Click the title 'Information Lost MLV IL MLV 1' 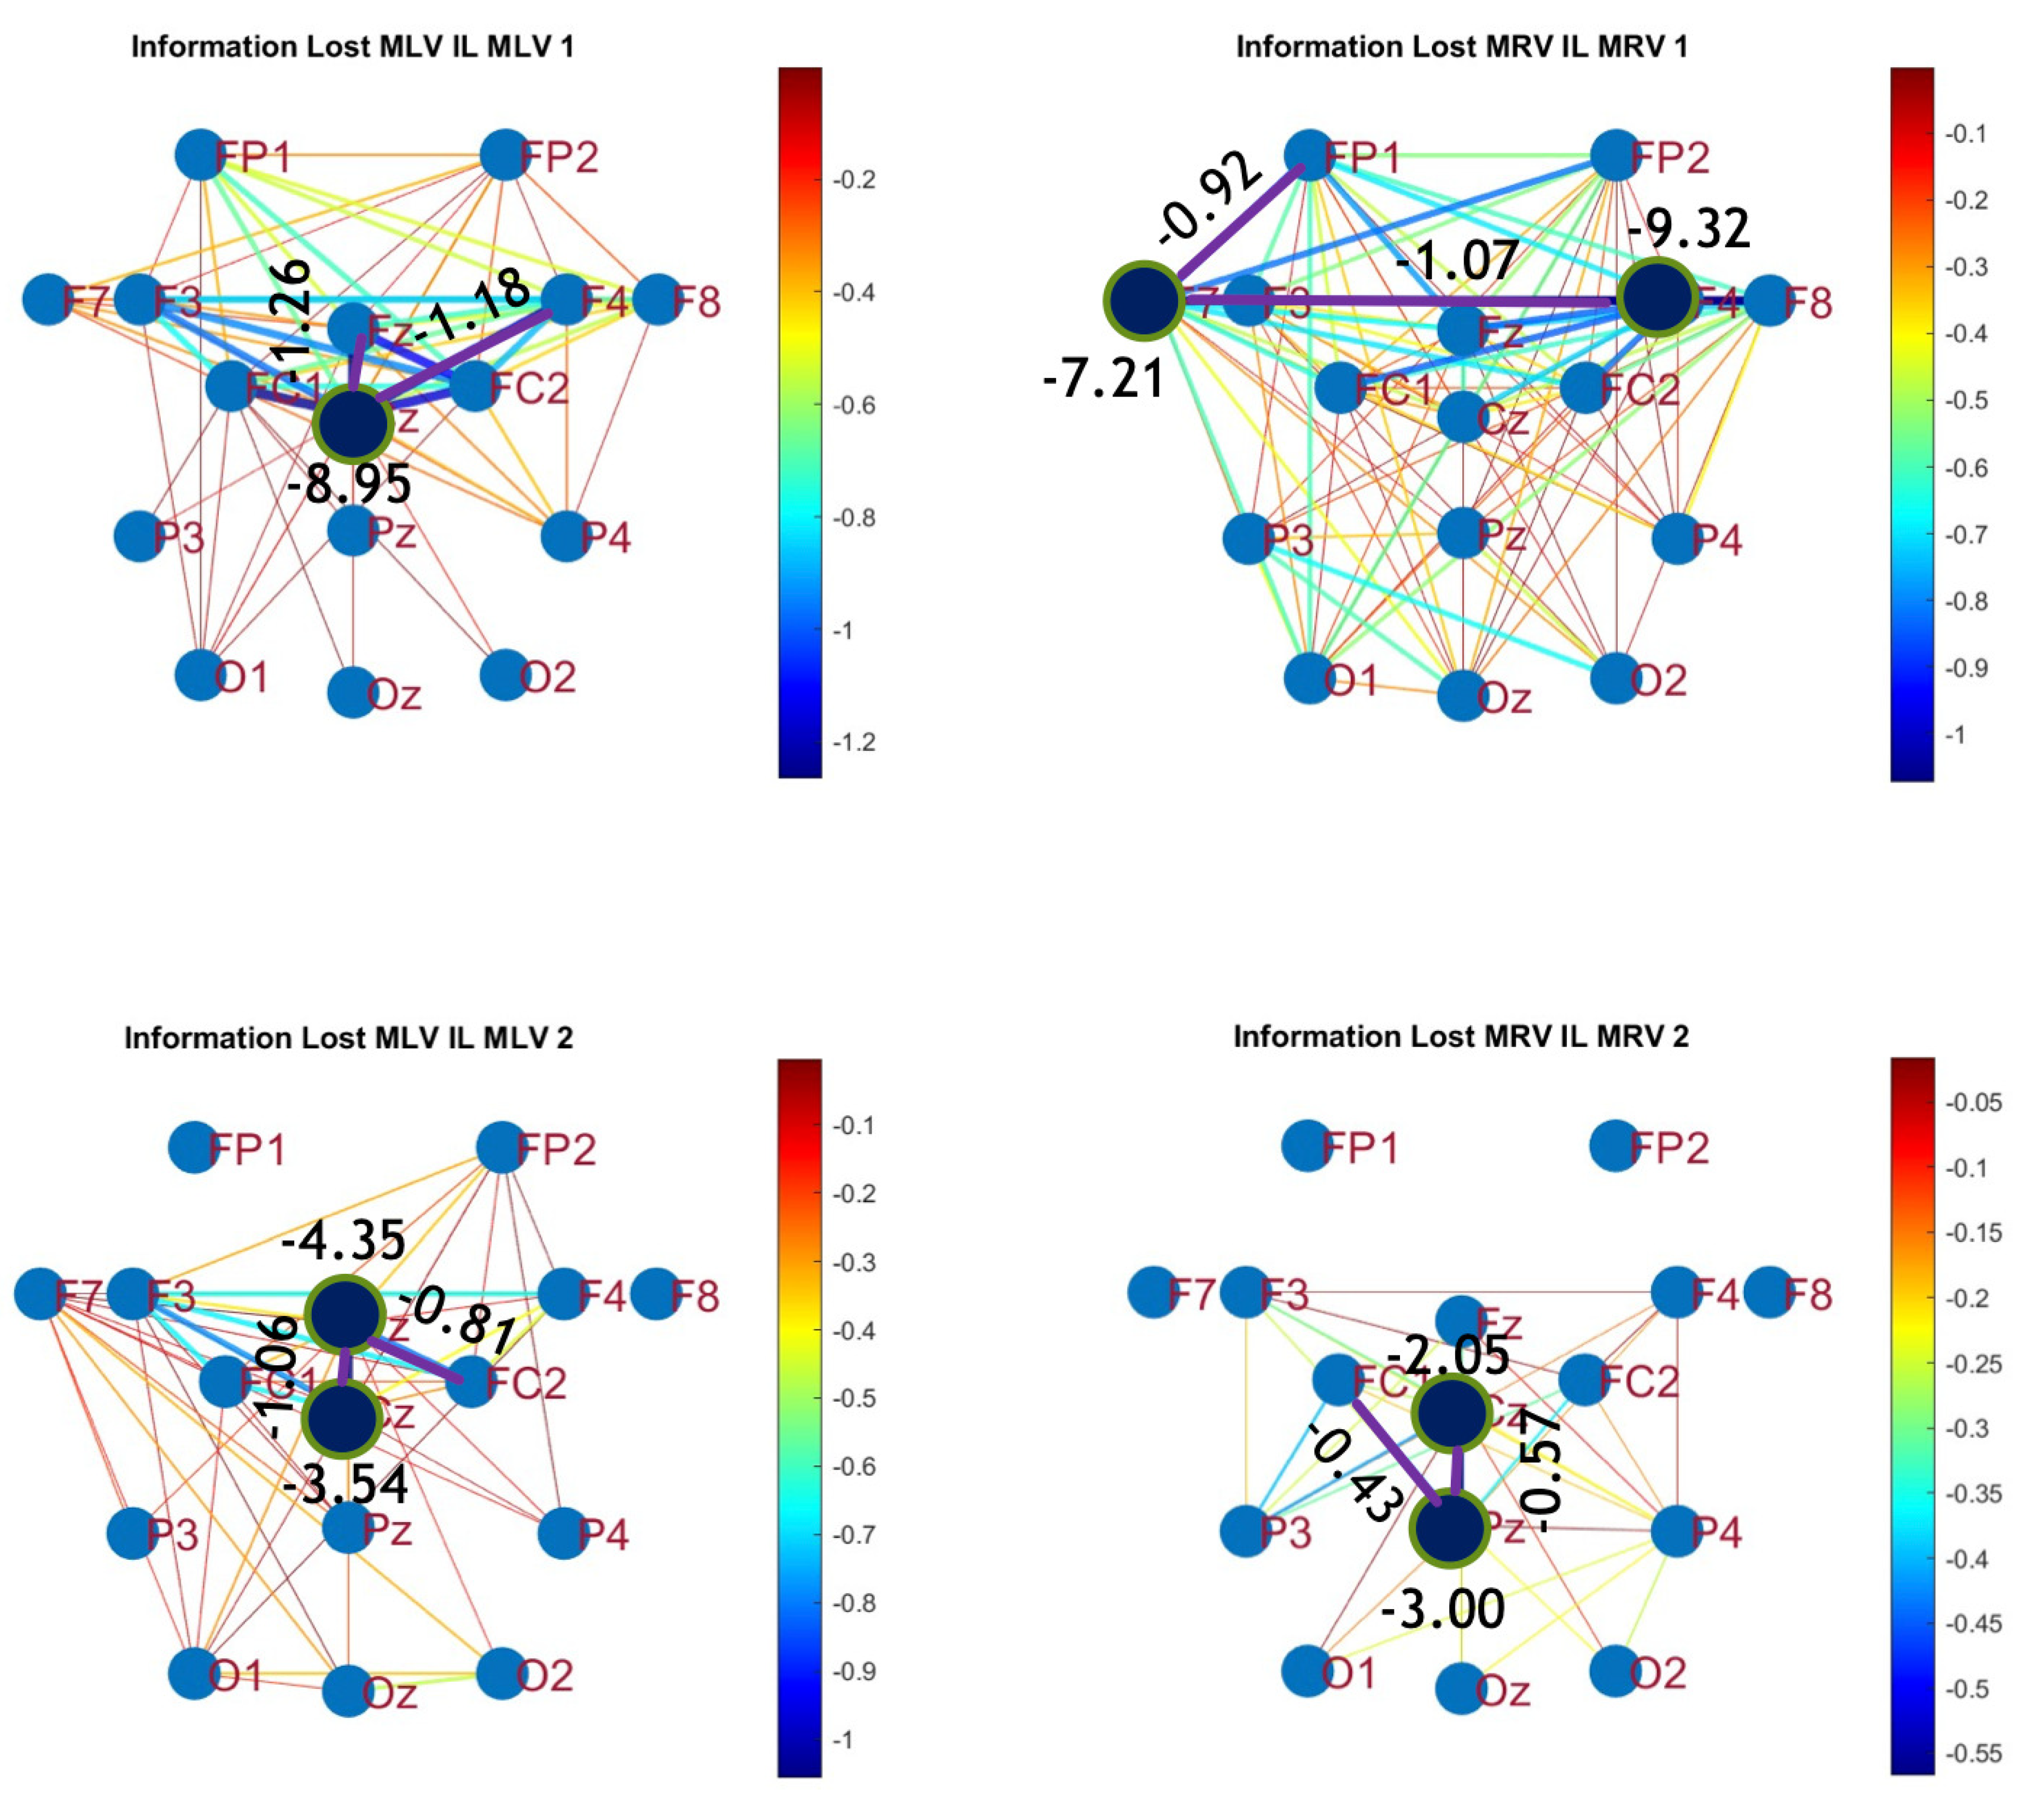(353, 46)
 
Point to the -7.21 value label (1104, 378)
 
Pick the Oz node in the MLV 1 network (353, 692)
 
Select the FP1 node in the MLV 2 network (194, 1147)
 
